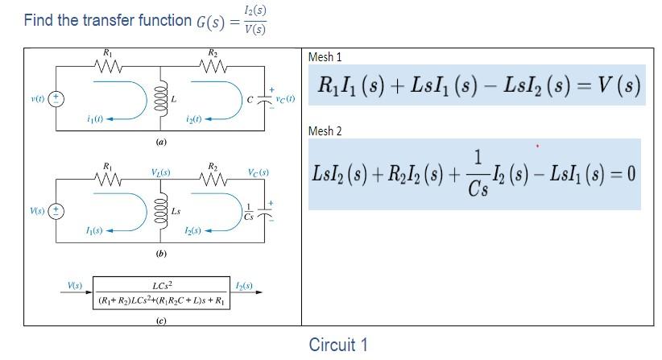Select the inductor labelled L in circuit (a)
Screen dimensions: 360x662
[160, 97]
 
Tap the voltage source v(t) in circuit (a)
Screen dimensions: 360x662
[57, 98]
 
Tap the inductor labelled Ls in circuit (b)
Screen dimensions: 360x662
[160, 210]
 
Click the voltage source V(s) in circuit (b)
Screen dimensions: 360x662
[57, 211]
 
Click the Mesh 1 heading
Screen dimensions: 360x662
[325, 57]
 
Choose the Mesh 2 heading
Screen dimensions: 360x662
[325, 130]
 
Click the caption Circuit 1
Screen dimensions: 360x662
[338, 345]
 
